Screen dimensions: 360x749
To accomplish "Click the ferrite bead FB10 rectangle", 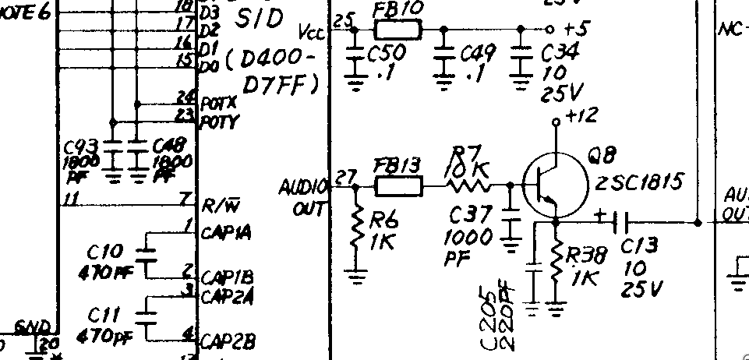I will pos(397,30).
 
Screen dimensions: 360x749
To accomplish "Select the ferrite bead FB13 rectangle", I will pos(399,186).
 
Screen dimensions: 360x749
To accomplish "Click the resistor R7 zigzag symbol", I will pos(468,186).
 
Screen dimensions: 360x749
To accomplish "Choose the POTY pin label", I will pos(220,122).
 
